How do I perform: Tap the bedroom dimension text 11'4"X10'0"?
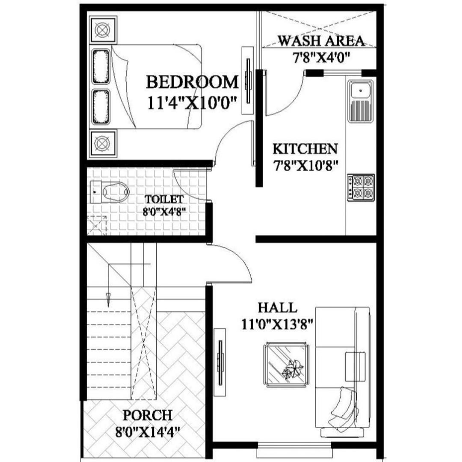coord(192,104)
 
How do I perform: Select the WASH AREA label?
coord(321,41)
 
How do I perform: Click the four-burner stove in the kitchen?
coord(361,188)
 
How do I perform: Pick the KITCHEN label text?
coord(305,149)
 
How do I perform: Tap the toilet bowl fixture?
coord(110,192)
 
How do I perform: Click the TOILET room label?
coord(164,199)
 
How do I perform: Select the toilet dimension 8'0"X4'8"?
coord(164,212)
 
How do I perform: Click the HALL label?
coord(278,308)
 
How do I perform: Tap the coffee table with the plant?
coord(286,365)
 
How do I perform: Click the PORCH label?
coord(147,415)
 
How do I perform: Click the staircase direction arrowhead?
coord(108,299)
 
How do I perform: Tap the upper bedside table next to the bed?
coord(103,30)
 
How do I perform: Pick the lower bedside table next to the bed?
coord(103,143)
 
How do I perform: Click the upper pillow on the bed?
coord(101,66)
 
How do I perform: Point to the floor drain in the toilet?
coord(97,226)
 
